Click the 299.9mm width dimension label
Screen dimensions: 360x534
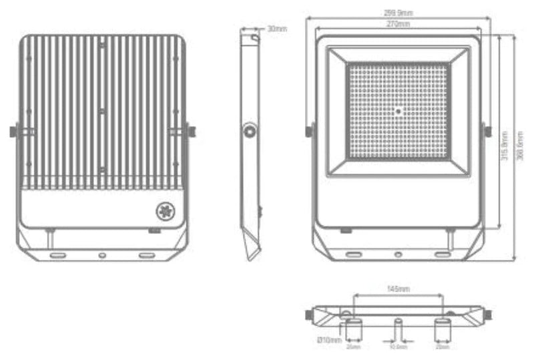(398, 13)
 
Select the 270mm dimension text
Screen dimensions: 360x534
(398, 24)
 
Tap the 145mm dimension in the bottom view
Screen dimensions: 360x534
(398, 289)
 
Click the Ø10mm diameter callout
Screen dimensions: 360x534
(328, 341)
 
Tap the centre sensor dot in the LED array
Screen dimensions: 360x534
(398, 112)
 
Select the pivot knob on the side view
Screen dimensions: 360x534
(251, 132)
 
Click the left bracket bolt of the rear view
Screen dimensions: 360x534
(13, 131)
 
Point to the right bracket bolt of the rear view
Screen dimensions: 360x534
(192, 131)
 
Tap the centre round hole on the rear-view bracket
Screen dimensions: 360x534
(101, 255)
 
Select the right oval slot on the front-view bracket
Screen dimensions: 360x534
(442, 254)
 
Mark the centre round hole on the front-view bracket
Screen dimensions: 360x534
(398, 254)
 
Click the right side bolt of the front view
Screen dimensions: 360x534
(487, 131)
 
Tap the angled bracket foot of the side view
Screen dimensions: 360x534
(252, 248)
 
